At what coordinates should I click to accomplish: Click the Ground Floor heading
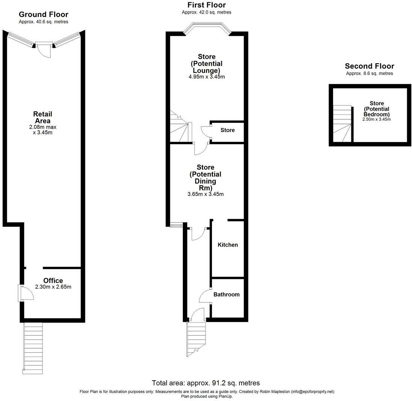click(x=43, y=15)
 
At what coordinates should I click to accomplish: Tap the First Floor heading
click(x=206, y=5)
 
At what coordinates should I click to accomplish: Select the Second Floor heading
click(x=369, y=66)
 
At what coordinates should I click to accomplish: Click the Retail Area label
click(x=42, y=117)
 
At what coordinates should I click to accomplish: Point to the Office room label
click(x=53, y=281)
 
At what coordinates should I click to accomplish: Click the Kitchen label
click(x=228, y=245)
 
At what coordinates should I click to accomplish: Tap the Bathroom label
click(x=226, y=294)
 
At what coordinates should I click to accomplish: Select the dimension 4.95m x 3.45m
click(x=206, y=77)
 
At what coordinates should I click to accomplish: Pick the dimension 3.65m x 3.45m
click(x=205, y=194)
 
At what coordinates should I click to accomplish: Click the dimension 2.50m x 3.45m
click(x=376, y=119)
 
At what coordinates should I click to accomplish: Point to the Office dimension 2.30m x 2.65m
click(x=53, y=287)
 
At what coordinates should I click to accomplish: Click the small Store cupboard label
click(x=227, y=130)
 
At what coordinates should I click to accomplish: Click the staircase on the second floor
click(x=342, y=124)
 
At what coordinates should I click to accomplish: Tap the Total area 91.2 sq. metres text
click(x=206, y=383)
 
